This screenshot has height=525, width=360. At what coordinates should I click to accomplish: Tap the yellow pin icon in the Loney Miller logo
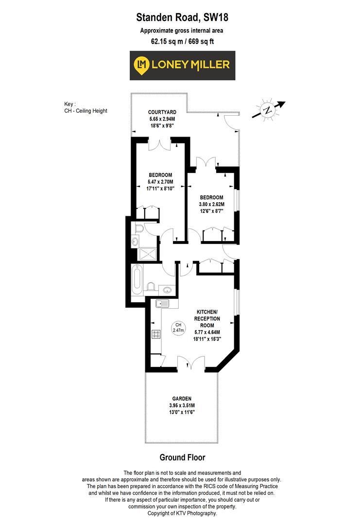[142, 65]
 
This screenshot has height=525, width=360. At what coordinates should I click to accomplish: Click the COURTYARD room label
[161, 111]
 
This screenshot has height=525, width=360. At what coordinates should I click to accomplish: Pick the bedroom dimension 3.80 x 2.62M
[212, 204]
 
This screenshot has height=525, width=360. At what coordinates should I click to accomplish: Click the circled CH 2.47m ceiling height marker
[178, 328]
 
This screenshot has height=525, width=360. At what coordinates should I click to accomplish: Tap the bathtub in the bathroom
[137, 281]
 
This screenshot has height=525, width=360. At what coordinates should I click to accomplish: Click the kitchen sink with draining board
[162, 304]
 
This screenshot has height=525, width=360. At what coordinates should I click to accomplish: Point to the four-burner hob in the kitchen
[157, 334]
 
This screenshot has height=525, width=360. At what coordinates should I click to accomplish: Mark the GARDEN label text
[181, 398]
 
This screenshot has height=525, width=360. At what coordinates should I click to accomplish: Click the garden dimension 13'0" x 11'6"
[181, 412]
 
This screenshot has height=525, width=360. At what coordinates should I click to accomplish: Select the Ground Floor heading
[182, 457]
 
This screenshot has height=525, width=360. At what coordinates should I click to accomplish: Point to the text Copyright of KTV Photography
[182, 513]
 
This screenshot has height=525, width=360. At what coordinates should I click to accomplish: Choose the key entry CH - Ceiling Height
[86, 111]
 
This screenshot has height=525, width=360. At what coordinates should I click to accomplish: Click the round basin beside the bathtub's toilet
[167, 291]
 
